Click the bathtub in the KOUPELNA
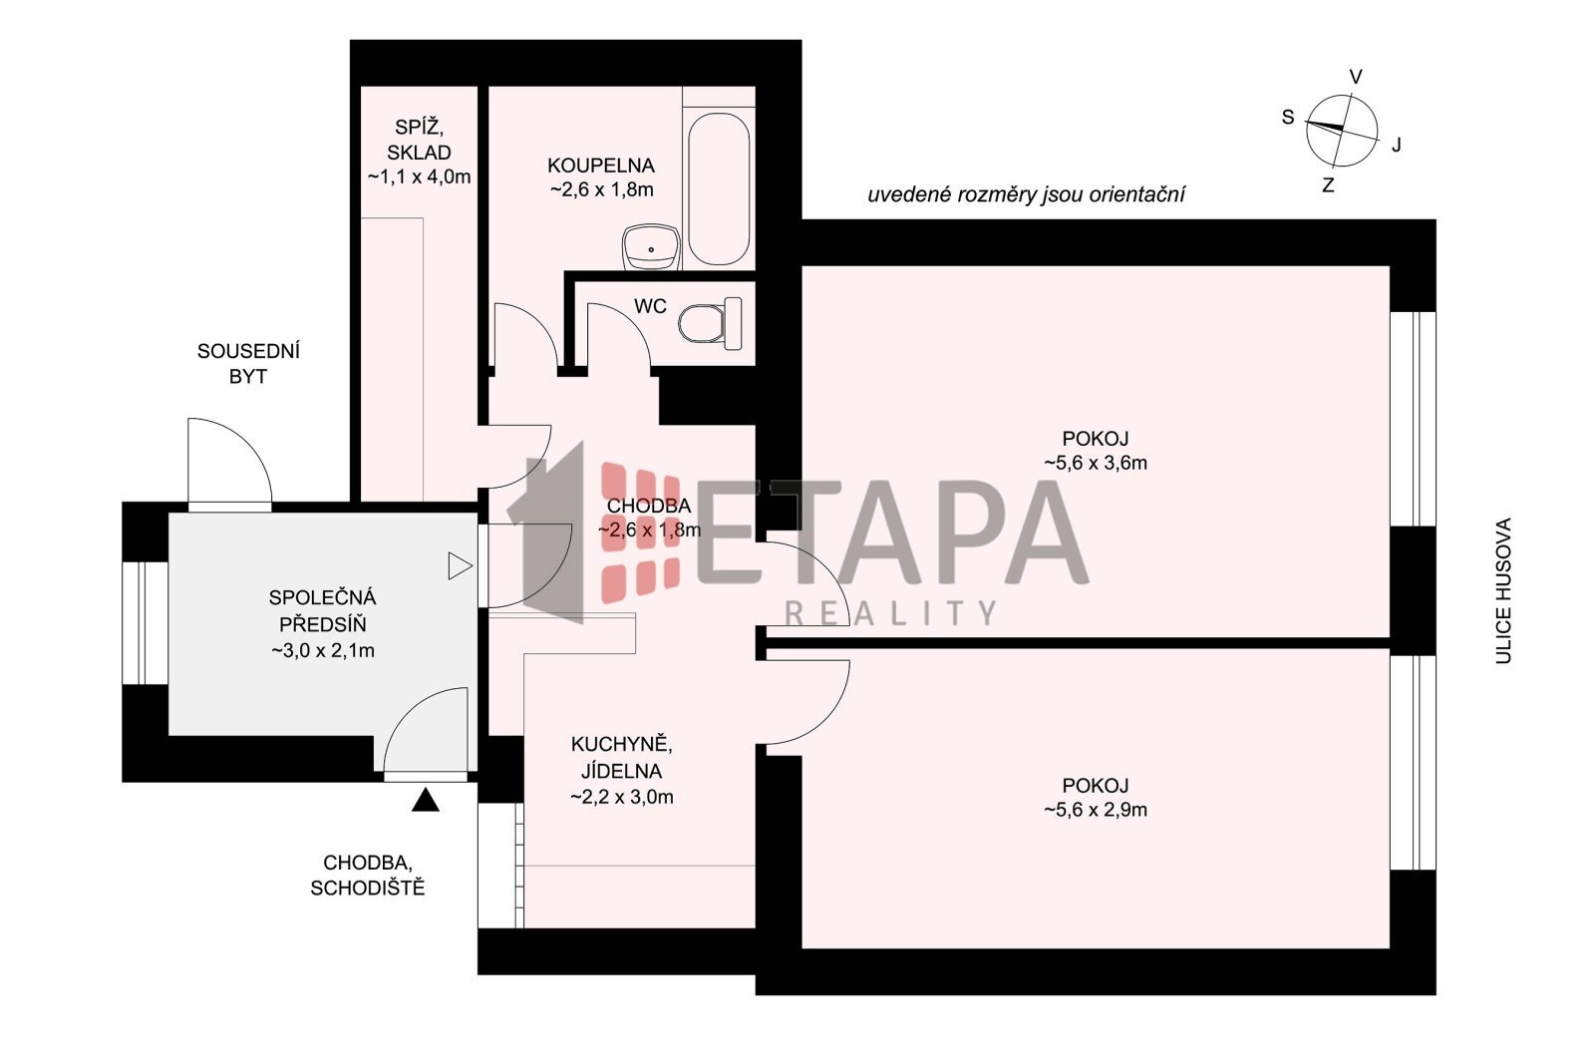coord(719,188)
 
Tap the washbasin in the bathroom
coord(652,247)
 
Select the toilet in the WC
coord(710,323)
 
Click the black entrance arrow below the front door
coord(425,800)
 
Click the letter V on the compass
coord(1356,77)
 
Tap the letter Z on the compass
coord(1327,185)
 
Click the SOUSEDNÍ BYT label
coord(248,364)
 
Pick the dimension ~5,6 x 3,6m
coord(1096,464)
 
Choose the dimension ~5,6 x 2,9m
coord(1096,810)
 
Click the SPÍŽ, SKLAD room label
coord(419,140)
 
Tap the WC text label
coord(650,306)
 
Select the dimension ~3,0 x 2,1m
coord(323,651)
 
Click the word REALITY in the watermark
coord(890,613)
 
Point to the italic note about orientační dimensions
coord(1026,195)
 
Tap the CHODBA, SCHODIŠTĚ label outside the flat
coord(368,876)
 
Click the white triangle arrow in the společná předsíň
coord(460,566)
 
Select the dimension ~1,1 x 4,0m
coord(419,177)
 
